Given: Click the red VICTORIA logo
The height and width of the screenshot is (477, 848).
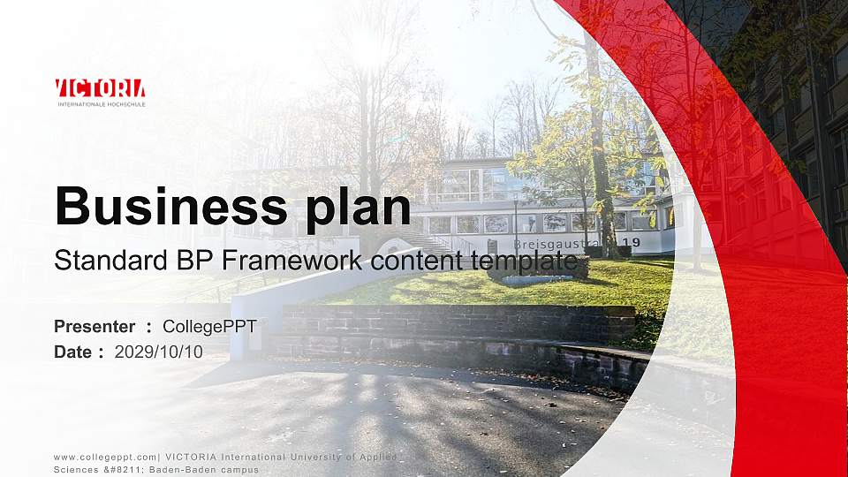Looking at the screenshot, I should (100, 87).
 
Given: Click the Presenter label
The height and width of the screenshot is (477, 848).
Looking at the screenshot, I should (95, 327).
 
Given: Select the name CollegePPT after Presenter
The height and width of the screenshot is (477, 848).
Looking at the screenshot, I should (209, 327).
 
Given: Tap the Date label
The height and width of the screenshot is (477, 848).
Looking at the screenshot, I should (73, 352).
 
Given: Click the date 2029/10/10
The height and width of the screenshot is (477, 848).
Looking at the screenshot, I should (159, 352).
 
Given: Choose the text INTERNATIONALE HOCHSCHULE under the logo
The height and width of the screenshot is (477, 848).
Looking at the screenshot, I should (100, 103).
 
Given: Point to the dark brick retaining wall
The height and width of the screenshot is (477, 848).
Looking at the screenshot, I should (459, 325).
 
